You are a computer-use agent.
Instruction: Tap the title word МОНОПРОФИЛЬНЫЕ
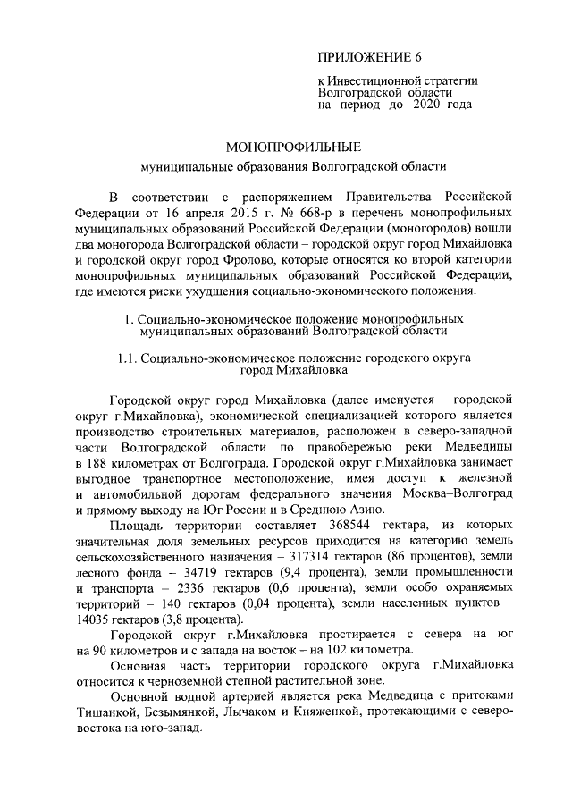[284, 146]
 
